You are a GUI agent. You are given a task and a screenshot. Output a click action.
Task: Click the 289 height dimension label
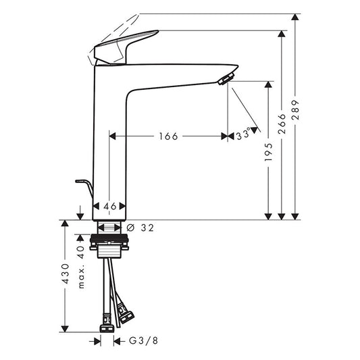pyautogui.click(x=296, y=109)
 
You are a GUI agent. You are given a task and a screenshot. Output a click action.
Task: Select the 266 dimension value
pyautogui.click(x=282, y=124)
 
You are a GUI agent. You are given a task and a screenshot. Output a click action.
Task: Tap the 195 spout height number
pyautogui.click(x=268, y=152)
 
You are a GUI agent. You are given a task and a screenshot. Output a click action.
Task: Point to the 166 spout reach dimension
pyautogui.click(x=169, y=136)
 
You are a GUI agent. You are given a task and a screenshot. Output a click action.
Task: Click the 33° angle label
pyautogui.click(x=243, y=134)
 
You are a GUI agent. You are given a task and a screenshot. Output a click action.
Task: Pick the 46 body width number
pyautogui.click(x=110, y=207)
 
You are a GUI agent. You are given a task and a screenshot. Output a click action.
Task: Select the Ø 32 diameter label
pyautogui.click(x=140, y=228)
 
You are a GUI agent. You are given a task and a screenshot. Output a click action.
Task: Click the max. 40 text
pyautogui.click(x=81, y=267)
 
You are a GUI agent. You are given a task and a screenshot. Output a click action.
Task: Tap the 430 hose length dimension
pyautogui.click(x=66, y=274)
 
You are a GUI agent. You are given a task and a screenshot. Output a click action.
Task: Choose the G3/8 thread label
pyautogui.click(x=143, y=340)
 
